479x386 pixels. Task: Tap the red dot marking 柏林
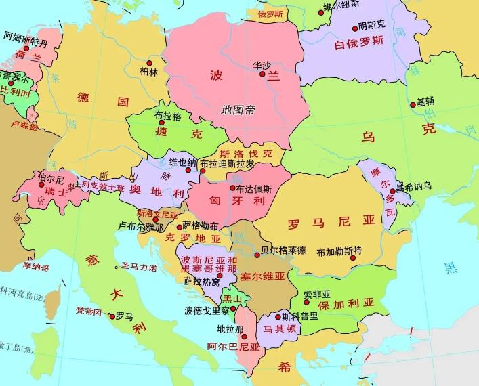tap(149, 64)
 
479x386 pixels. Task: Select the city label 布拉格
tap(168, 116)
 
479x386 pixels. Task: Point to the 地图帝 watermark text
tap(238, 109)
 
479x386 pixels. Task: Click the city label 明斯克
tap(372, 26)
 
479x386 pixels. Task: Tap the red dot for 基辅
tap(413, 104)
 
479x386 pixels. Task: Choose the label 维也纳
tap(182, 162)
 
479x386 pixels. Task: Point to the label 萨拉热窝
tap(201, 280)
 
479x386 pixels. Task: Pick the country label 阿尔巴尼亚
tap(234, 346)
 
